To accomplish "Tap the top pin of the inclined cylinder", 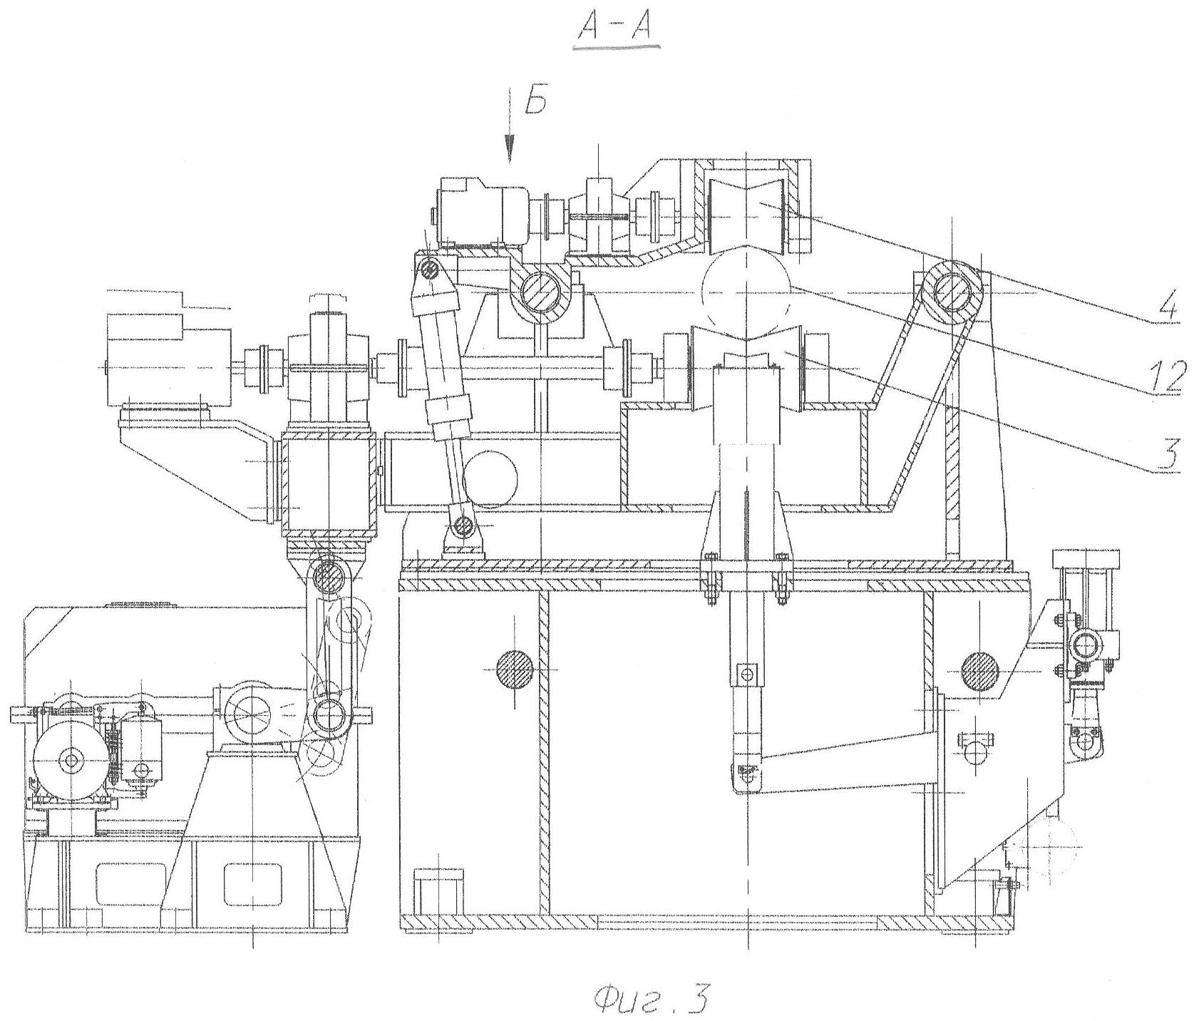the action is point(429,270).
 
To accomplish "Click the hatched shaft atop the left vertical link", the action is point(329,575).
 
